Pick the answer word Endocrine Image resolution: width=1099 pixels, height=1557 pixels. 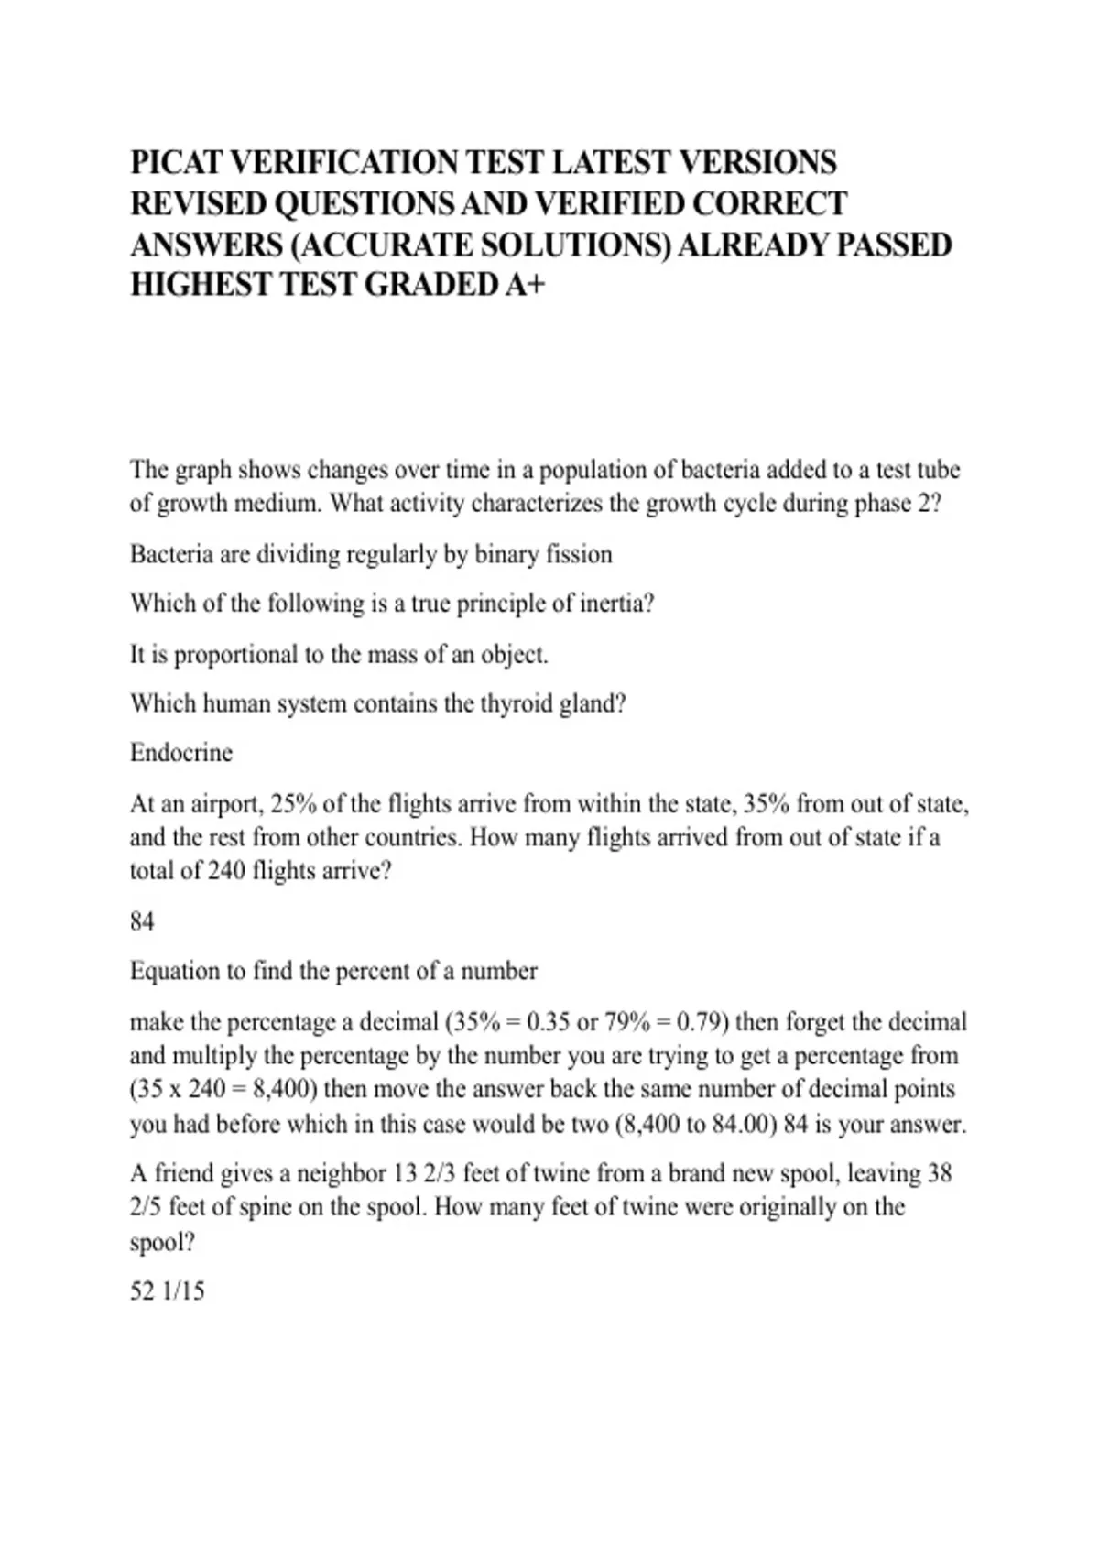(181, 753)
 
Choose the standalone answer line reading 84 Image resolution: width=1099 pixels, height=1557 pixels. (142, 921)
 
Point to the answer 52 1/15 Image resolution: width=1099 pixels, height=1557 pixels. (167, 1291)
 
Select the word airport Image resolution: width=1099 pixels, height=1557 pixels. (227, 804)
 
